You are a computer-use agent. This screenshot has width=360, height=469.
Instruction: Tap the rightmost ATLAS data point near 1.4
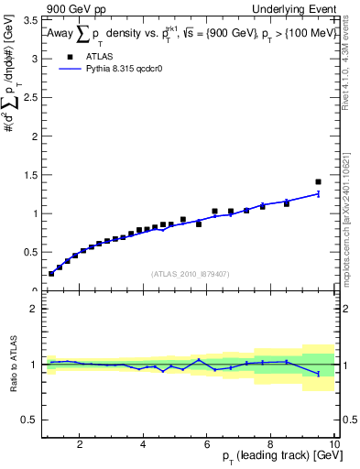(318, 181)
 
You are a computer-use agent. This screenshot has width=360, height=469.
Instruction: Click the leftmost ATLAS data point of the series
(51, 273)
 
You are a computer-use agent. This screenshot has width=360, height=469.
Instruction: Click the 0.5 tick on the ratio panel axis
(30, 420)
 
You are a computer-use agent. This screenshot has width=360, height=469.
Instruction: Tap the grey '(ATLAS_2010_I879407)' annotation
(190, 273)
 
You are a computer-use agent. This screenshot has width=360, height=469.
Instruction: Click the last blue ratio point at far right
(318, 374)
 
